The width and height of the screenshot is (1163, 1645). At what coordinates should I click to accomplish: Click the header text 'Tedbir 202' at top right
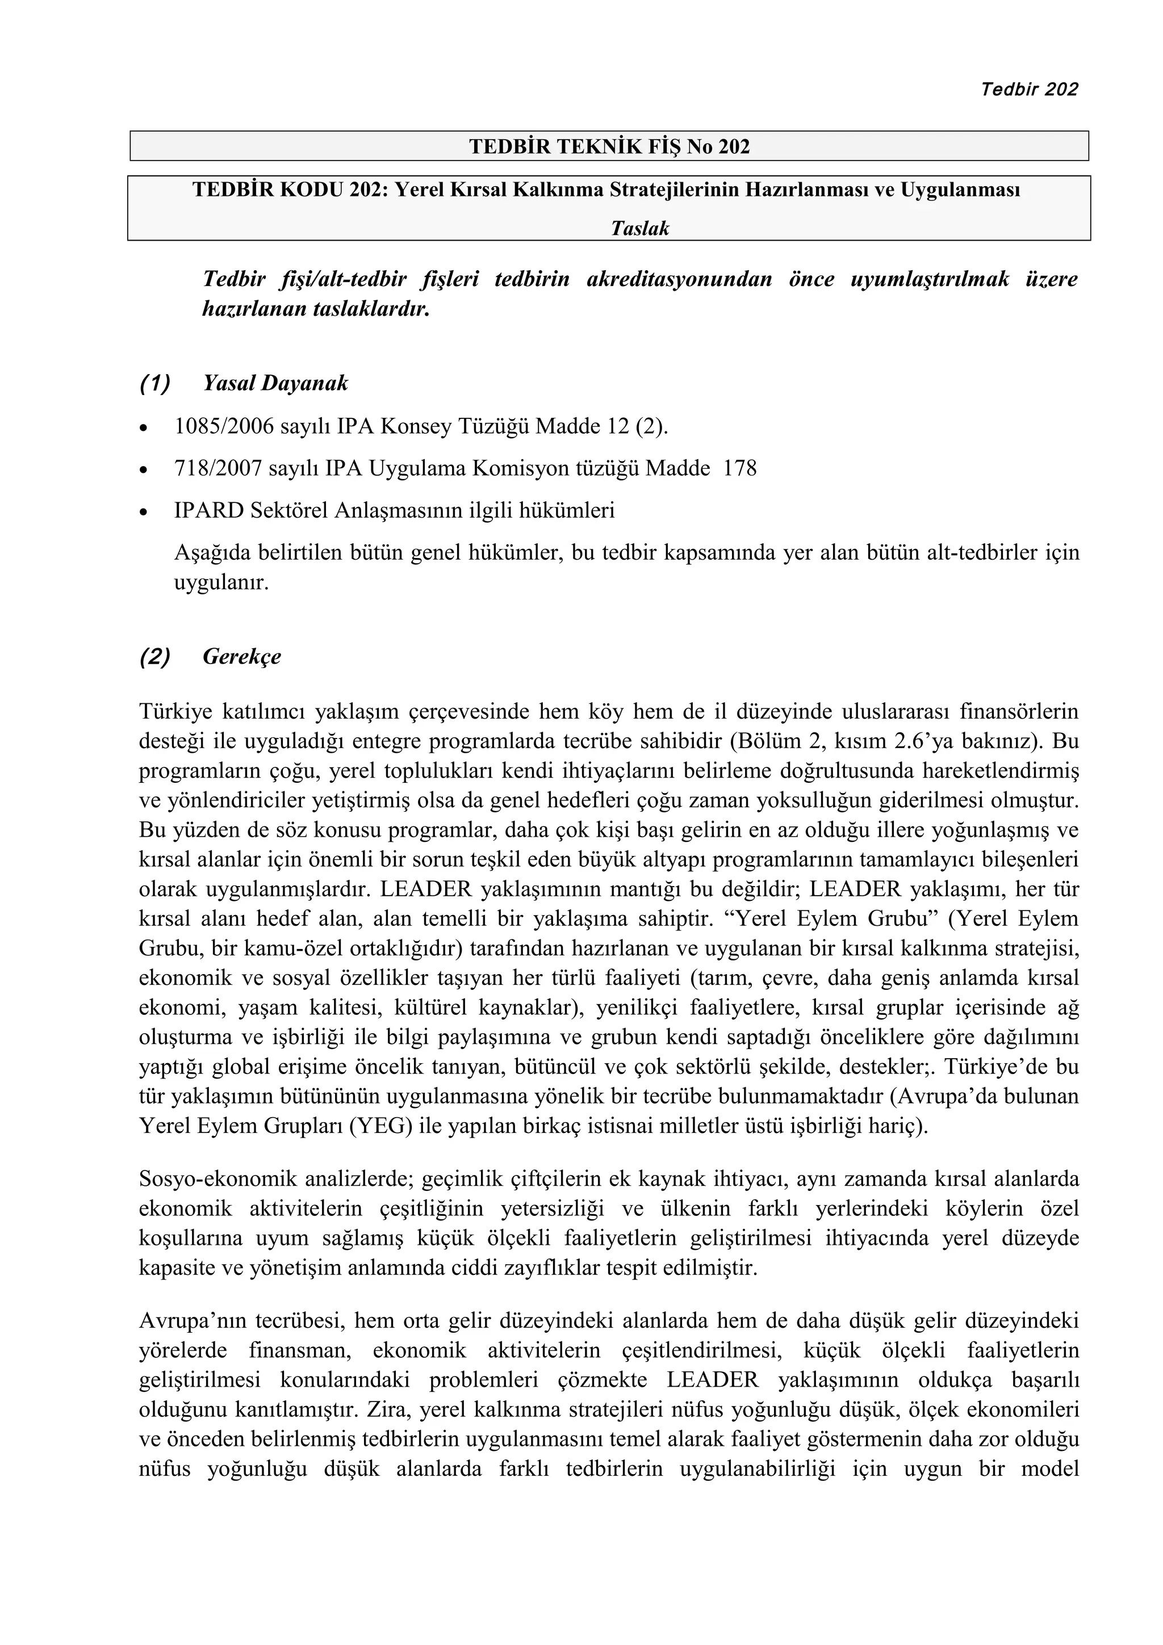(1028, 89)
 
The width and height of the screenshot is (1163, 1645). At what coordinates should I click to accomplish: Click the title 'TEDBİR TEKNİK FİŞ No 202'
(609, 147)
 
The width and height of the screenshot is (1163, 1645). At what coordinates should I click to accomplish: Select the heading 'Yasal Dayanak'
(275, 383)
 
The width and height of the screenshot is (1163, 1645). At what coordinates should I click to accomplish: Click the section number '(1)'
(155, 383)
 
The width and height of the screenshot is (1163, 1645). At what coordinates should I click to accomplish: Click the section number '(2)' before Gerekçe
(155, 656)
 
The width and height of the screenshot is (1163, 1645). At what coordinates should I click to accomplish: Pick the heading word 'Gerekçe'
(241, 656)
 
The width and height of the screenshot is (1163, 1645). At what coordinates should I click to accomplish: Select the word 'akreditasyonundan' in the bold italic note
(679, 279)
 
